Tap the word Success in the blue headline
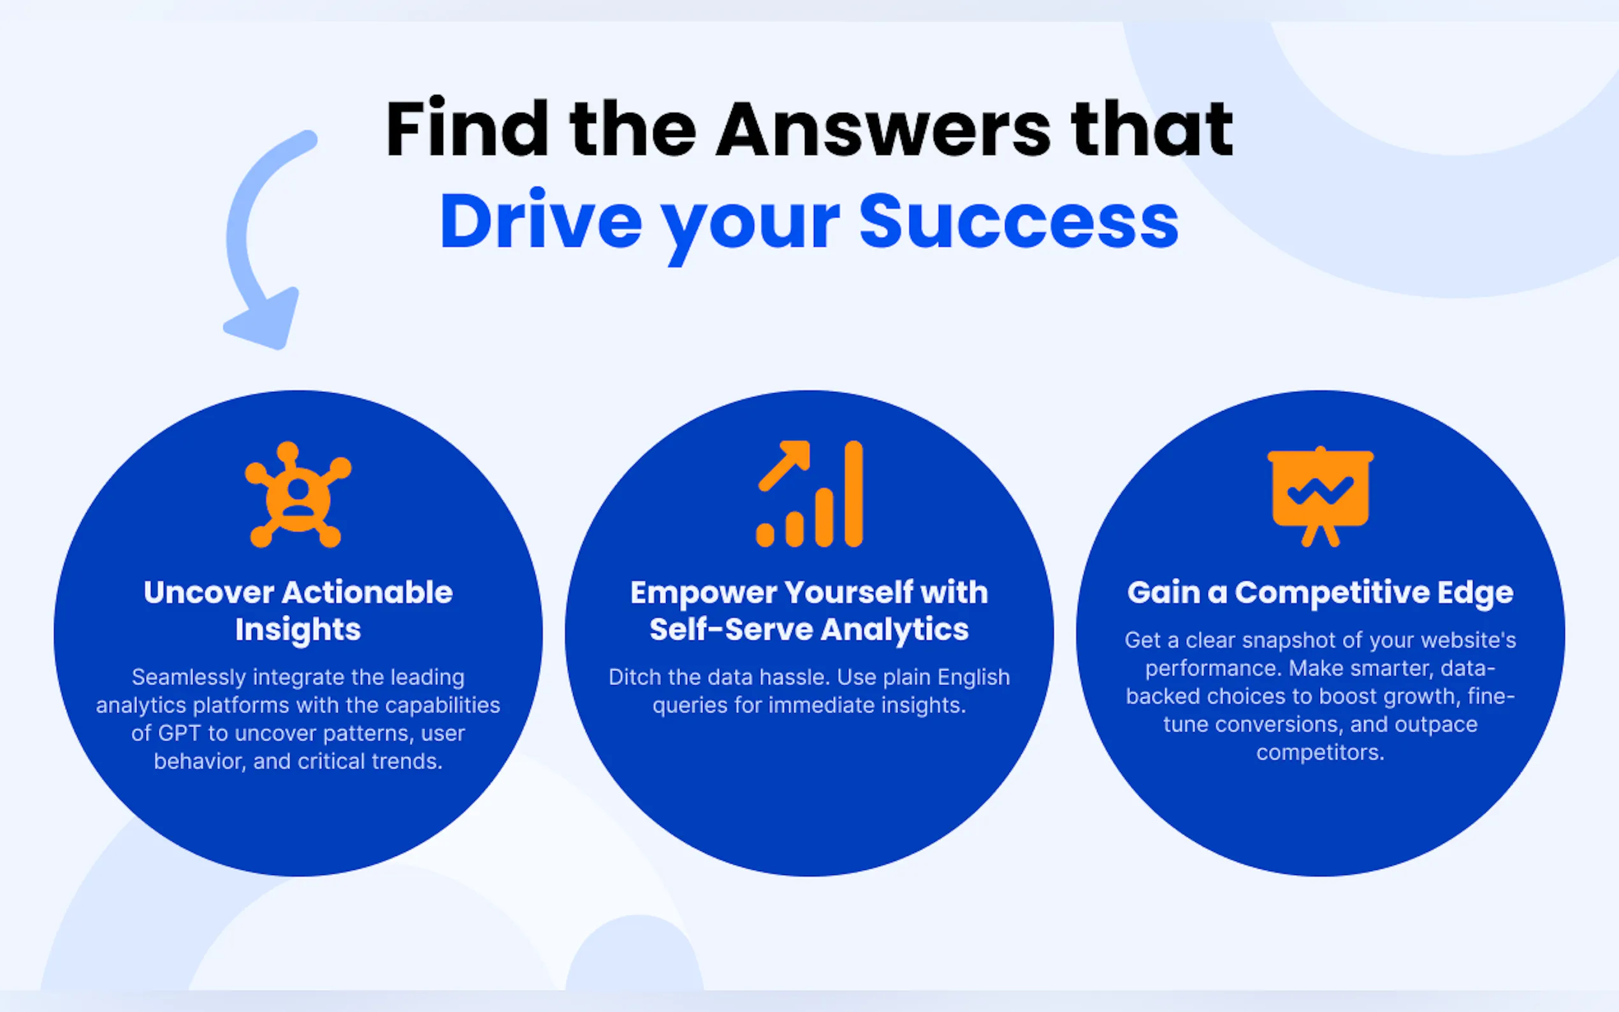tap(1018, 222)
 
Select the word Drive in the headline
tap(541, 220)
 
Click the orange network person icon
tap(298, 495)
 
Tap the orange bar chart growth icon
tap(809, 494)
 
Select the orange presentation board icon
tap(1321, 496)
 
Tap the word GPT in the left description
tap(178, 734)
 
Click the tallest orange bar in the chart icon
tap(853, 494)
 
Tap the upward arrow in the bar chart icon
tap(784, 466)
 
